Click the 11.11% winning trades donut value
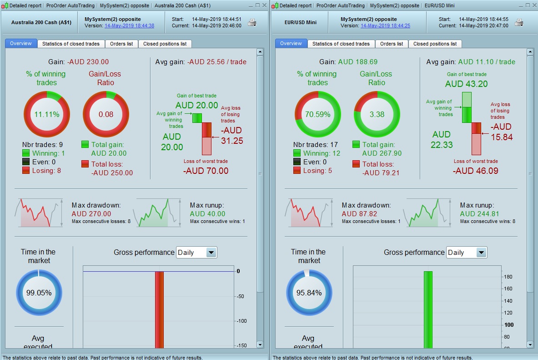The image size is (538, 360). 47,114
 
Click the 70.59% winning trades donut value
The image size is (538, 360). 317,114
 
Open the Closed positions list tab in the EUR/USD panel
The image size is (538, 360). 435,44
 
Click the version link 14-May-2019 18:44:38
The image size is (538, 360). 129,26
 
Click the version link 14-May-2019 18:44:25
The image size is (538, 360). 385,26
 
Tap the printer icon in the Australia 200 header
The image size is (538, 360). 252,23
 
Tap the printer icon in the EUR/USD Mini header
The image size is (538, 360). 518,23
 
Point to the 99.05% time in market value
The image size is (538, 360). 38,293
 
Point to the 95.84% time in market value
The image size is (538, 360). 308,293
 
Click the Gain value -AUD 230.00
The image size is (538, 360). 88,62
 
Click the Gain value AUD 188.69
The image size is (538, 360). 357,62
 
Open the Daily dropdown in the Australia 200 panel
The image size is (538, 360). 196,253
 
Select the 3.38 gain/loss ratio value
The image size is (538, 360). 377,114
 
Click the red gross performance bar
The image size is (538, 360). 159,309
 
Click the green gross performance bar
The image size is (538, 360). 427,309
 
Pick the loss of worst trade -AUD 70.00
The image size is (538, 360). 206,171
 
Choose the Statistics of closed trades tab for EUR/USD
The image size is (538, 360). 341,44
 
